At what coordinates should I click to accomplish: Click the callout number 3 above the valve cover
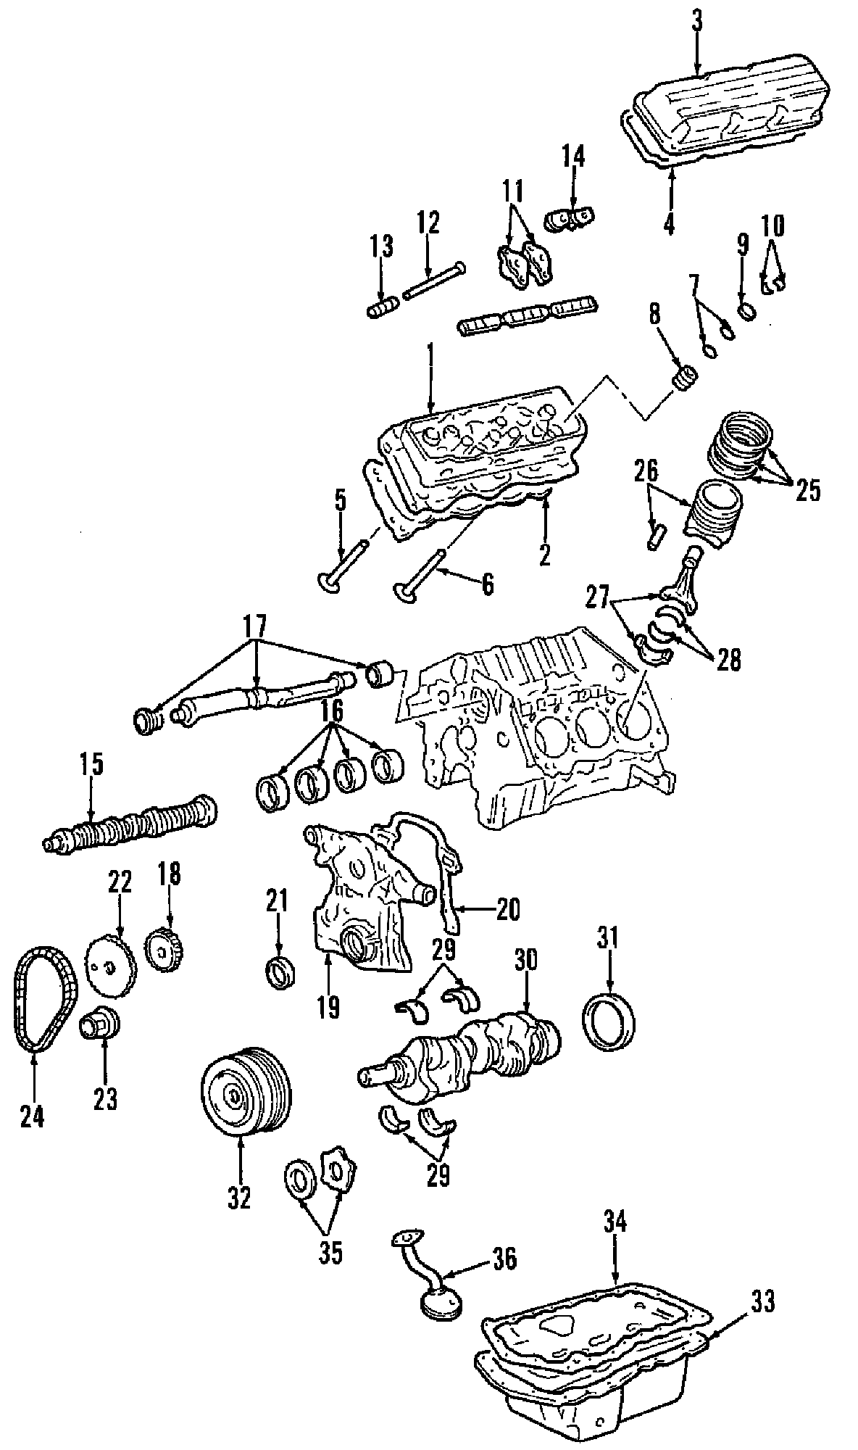[696, 21]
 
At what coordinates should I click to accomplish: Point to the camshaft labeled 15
[130, 823]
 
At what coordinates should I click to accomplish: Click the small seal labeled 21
[280, 971]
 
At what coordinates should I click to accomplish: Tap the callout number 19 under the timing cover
[328, 1008]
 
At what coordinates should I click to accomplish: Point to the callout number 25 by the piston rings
[807, 491]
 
